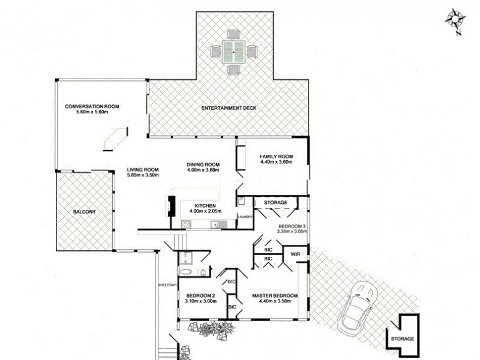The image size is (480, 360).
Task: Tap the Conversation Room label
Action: click(92, 107)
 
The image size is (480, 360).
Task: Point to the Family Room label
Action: click(275, 156)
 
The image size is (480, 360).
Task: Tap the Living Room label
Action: click(142, 169)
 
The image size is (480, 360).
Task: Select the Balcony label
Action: click(84, 212)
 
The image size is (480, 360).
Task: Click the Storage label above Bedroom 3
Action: click(275, 203)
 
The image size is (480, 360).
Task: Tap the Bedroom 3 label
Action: click(292, 226)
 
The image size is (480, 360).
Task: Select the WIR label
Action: click(295, 254)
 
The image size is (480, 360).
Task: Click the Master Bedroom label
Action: click(275, 295)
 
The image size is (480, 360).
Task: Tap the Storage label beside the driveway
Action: click(402, 339)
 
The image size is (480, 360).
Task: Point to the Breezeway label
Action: click(166, 284)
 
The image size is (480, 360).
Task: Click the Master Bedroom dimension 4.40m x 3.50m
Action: click(275, 301)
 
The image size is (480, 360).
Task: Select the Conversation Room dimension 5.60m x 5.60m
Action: click(92, 113)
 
